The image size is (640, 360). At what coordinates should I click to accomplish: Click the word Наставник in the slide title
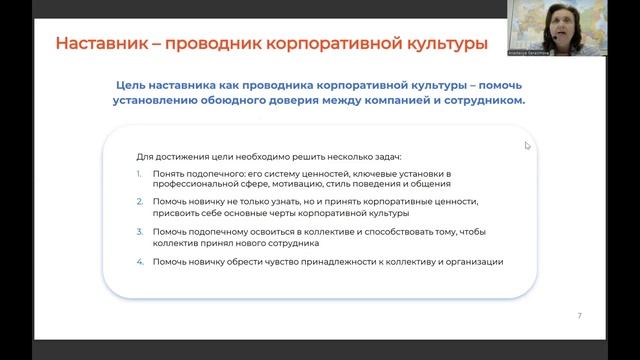pos(98,45)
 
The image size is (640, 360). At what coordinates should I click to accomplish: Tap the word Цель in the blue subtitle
pos(134,86)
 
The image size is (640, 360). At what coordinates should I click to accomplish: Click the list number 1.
pos(140,174)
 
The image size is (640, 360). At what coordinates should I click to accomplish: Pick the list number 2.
pos(140,203)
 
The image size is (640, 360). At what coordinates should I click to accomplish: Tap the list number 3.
pos(140,232)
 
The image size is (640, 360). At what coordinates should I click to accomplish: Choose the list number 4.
pos(140,262)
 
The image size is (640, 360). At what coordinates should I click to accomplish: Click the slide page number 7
pos(580,315)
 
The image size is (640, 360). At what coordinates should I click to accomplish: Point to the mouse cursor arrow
pos(527,145)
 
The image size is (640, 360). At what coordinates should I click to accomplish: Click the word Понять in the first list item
pos(168,174)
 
